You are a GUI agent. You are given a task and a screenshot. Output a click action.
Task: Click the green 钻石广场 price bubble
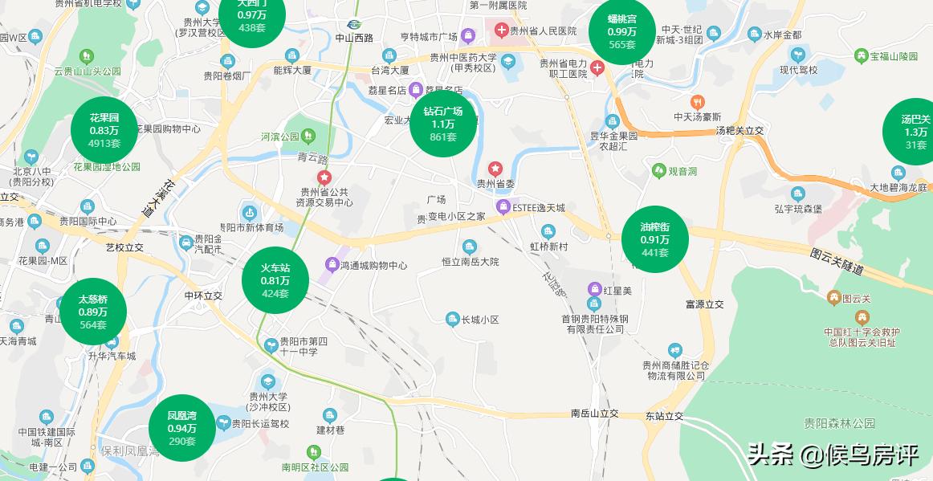click(443, 124)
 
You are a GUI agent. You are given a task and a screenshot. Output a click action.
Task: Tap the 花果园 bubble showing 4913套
click(104, 130)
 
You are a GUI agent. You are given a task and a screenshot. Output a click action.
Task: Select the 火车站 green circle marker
click(275, 280)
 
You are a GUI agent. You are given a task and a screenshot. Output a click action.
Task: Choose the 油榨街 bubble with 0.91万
click(655, 238)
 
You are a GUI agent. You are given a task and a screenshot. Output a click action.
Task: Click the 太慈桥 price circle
click(93, 312)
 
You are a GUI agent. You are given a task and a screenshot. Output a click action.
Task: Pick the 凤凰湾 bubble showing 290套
click(182, 428)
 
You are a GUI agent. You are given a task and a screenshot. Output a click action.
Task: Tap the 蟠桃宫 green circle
click(622, 31)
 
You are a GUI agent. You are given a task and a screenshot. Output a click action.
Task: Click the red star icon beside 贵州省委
click(495, 168)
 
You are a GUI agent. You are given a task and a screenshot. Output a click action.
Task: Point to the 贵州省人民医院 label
click(544, 31)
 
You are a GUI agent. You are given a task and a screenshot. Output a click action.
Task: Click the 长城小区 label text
click(480, 320)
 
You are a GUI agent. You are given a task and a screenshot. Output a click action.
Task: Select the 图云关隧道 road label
click(837, 262)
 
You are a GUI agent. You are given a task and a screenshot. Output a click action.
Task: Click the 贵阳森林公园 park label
click(839, 423)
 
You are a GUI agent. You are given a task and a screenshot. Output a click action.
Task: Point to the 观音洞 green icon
click(658, 170)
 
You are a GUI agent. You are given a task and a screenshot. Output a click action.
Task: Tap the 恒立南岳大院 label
click(471, 262)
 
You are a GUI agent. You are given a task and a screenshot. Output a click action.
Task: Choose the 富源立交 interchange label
click(704, 304)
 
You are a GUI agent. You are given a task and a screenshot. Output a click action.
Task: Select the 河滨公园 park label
click(279, 137)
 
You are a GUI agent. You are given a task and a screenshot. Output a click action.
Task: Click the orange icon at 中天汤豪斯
click(698, 102)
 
